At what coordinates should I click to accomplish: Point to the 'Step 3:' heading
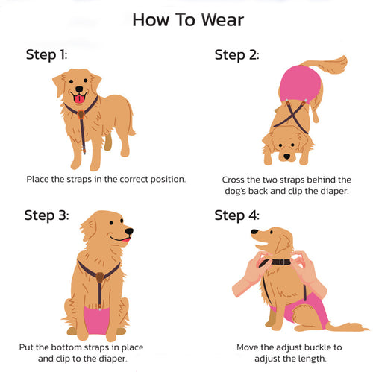coord(46,215)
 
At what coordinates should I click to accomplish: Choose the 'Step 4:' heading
coord(236,215)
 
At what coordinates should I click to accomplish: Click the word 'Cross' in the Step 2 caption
coord(235,180)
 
